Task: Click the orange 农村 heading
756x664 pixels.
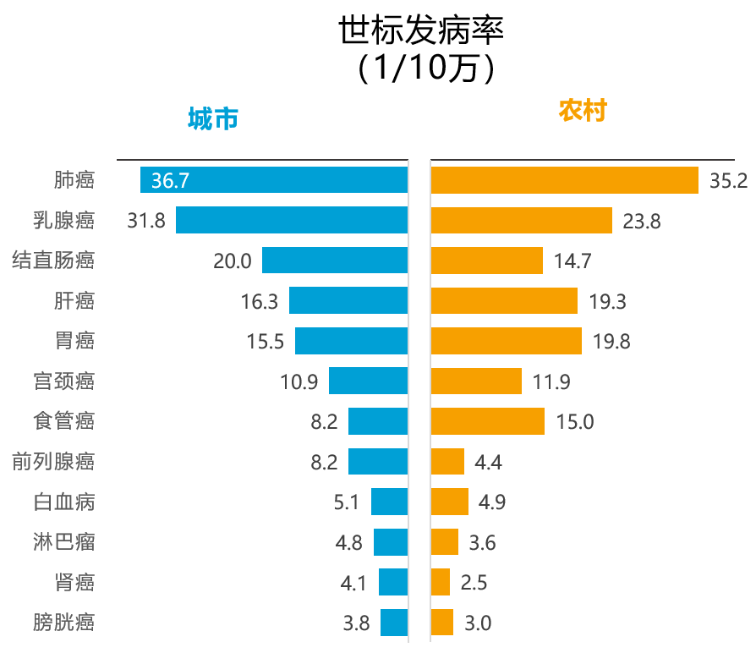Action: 583,111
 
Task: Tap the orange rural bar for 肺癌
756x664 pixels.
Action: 564,180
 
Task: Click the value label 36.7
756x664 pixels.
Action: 170,180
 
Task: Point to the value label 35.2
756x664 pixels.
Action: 728,181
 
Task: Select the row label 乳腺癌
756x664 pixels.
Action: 63,221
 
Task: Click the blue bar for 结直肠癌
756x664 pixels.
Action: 335,261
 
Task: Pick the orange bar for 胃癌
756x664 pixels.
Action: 506,341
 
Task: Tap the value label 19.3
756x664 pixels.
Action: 609,301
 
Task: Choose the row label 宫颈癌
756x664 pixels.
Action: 63,381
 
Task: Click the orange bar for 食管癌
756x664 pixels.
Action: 487,421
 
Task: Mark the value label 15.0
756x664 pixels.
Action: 574,421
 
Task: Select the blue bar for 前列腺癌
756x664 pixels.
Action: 378,461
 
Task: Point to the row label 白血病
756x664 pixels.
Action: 63,502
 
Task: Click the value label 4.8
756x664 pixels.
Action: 348,542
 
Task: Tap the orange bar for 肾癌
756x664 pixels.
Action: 440,582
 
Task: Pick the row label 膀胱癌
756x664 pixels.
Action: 63,623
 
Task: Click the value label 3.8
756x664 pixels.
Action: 356,623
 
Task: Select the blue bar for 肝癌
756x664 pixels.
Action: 348,300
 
